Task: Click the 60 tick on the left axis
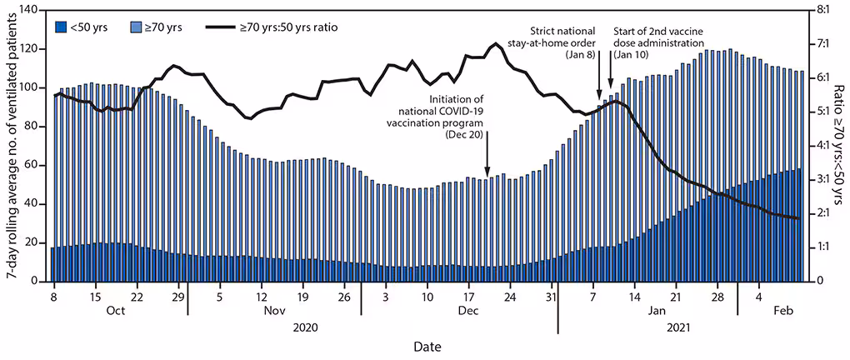pos(37,165)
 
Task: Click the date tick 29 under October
pos(177,295)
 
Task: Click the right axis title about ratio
pos(838,146)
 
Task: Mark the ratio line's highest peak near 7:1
pos(496,43)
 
